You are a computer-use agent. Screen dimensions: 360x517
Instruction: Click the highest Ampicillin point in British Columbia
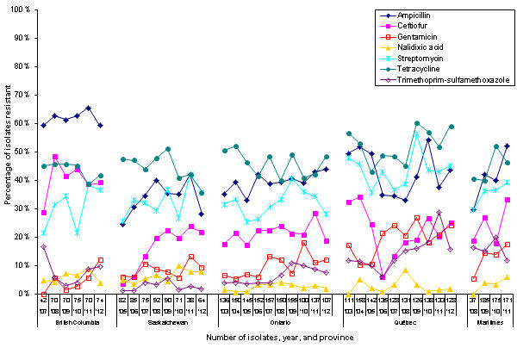click(89, 108)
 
